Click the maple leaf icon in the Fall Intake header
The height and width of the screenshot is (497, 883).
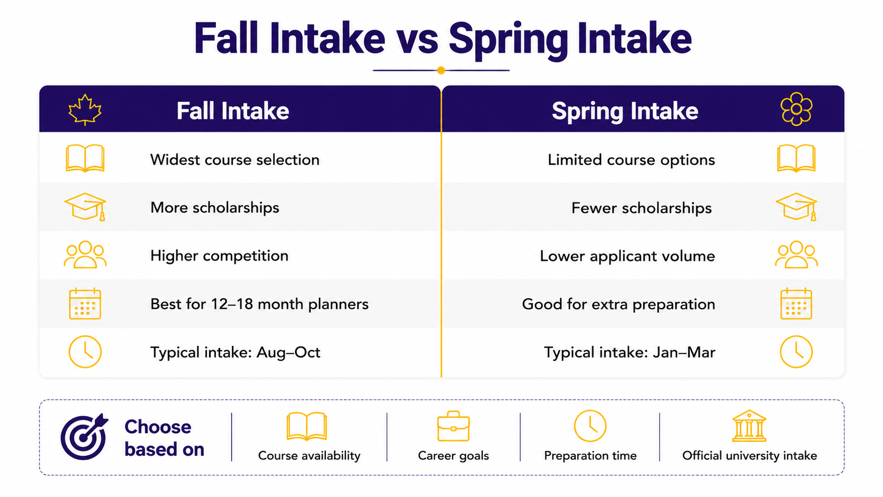[x=84, y=110]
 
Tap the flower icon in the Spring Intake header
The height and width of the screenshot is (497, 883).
[x=796, y=109]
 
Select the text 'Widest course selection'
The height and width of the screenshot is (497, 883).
[x=235, y=160]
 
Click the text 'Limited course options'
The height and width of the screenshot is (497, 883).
[x=631, y=160]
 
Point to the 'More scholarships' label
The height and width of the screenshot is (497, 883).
[x=215, y=208]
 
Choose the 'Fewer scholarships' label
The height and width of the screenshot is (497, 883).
[x=641, y=208]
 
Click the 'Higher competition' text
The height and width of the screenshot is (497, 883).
[x=219, y=256]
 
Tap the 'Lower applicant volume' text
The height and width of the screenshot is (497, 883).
[x=627, y=256]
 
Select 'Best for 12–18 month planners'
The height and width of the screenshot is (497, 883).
[x=259, y=304]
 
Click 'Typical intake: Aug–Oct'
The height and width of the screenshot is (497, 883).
[x=236, y=352]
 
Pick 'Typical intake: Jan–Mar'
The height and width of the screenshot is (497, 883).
[x=630, y=352]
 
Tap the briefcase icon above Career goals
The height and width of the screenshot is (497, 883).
[x=453, y=426]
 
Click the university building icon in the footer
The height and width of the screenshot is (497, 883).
[x=749, y=426]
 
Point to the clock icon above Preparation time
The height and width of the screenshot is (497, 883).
[x=590, y=426]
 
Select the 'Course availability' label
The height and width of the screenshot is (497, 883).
[x=309, y=456]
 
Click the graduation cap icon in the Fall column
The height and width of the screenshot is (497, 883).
[x=85, y=207]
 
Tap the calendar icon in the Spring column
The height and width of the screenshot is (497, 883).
[x=796, y=304]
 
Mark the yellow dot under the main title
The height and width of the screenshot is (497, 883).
[x=441, y=71]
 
